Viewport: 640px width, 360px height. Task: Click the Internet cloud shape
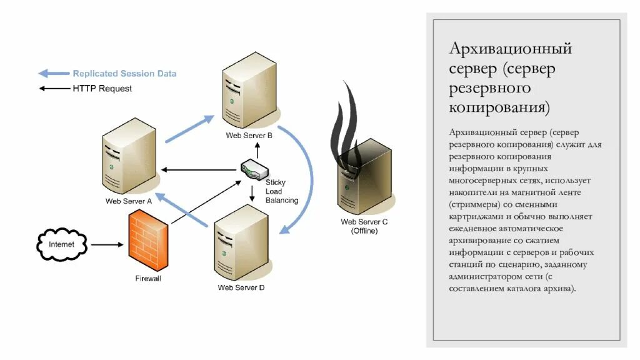coord(61,244)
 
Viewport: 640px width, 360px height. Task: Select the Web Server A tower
coord(129,160)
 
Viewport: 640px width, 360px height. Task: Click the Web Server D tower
coord(241,244)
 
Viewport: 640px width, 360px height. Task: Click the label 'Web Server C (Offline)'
coord(364,226)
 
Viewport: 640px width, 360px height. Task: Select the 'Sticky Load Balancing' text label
coord(281,191)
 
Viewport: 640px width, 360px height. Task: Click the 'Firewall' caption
coord(148,278)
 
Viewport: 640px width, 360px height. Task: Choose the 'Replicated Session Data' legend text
coord(124,74)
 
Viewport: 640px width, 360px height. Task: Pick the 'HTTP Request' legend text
coord(102,89)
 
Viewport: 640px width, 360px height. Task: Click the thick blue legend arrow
coord(54,74)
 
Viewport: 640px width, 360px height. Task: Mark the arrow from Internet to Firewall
coord(106,244)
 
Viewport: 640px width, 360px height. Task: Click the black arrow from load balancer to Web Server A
coord(200,169)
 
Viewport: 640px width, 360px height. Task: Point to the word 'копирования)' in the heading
coord(500,107)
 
